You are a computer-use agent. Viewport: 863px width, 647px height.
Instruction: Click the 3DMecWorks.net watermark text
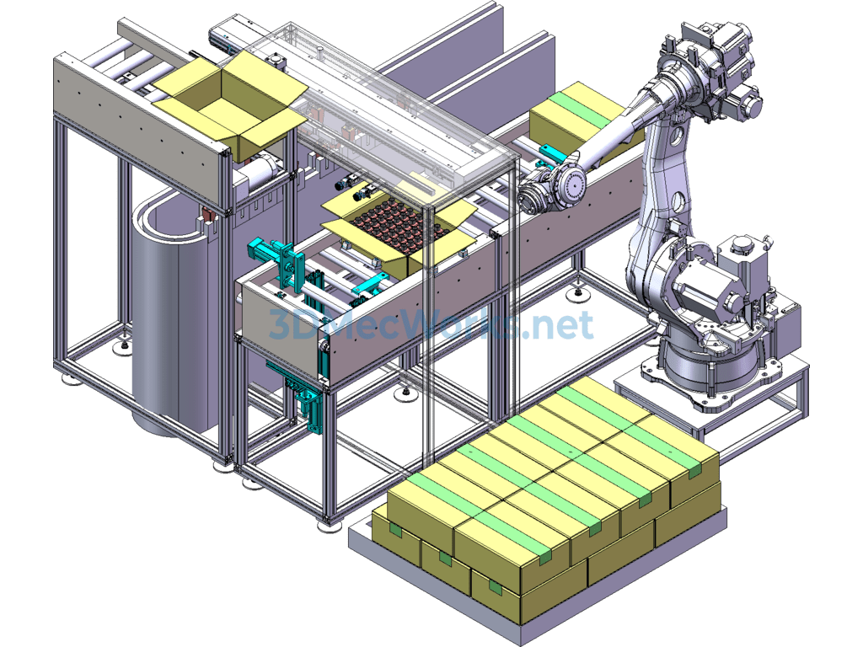pyautogui.click(x=431, y=324)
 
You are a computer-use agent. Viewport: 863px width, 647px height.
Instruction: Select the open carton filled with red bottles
pyautogui.click(x=399, y=228)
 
